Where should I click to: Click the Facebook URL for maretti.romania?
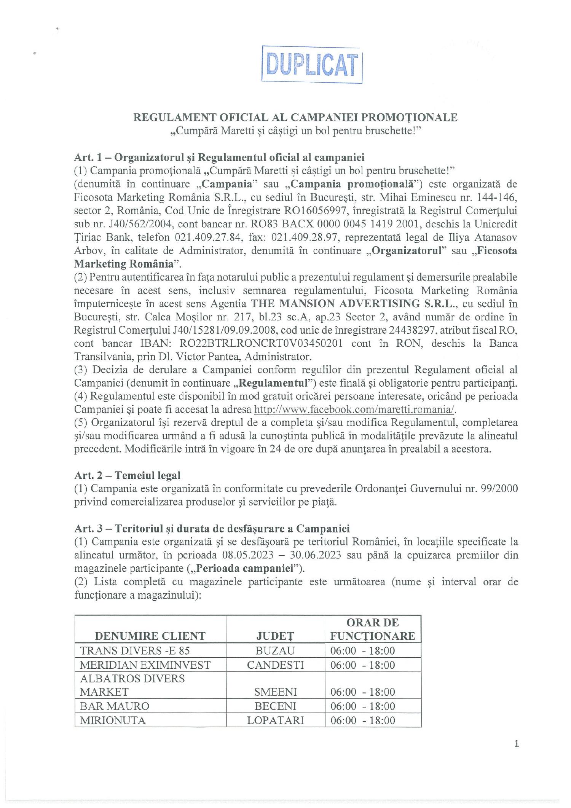coord(354,409)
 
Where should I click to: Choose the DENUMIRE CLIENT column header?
coord(150,636)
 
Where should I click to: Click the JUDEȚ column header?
coord(275,636)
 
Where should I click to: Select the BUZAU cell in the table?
coord(275,650)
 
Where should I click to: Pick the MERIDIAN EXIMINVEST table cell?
coord(145,665)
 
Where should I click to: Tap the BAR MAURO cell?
coord(115,706)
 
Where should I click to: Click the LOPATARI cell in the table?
coord(275,720)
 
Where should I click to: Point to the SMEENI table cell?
coord(275,692)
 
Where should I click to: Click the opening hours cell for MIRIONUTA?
coord(362,720)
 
